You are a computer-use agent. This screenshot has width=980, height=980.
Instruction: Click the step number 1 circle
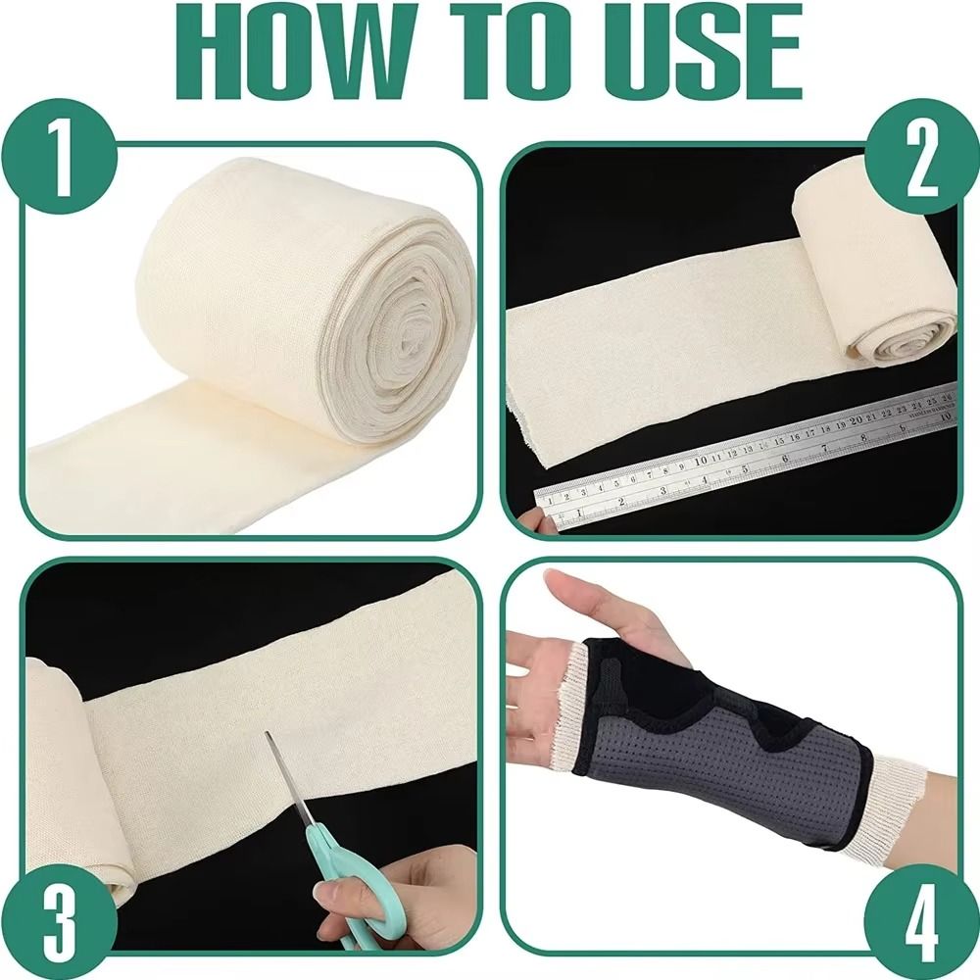(59, 157)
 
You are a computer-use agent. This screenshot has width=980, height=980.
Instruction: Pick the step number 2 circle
(920, 157)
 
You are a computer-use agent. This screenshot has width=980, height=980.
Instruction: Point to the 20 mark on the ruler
(856, 419)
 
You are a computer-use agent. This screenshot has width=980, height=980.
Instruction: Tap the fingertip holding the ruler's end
(529, 520)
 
